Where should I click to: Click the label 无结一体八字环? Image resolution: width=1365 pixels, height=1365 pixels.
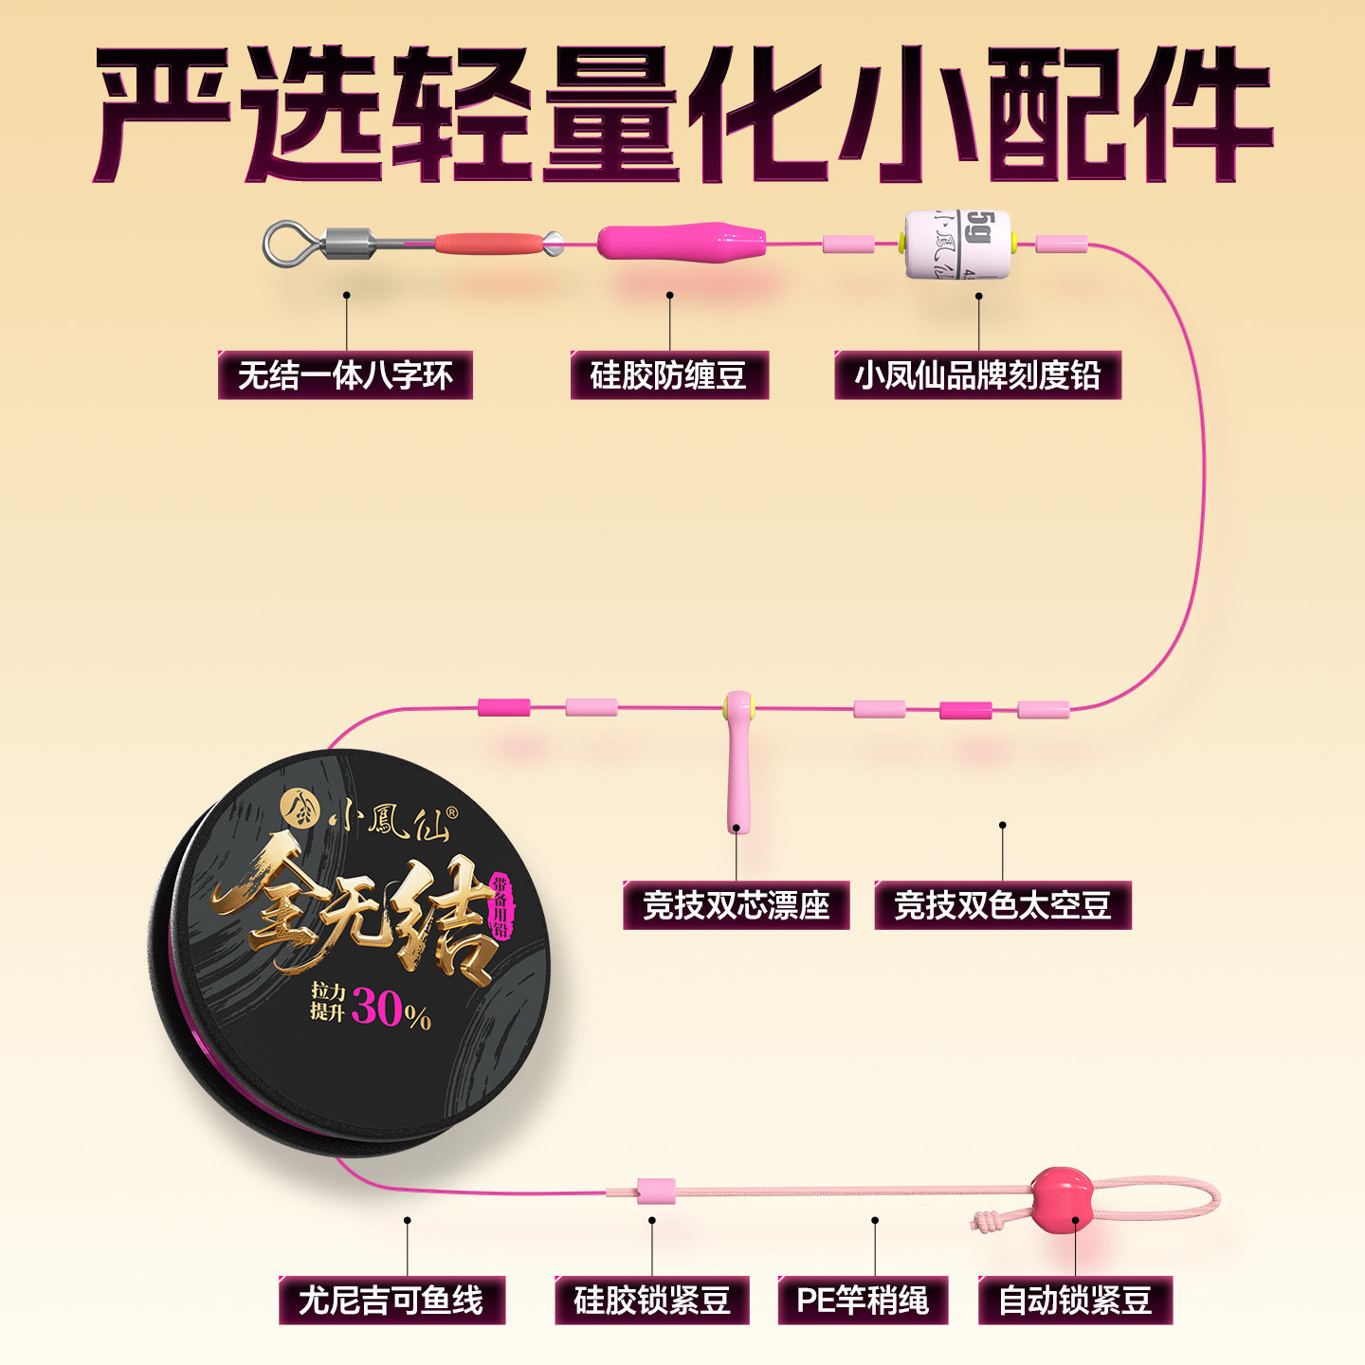pyautogui.click(x=345, y=375)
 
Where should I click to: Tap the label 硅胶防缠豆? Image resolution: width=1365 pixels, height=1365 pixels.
pyautogui.click(x=668, y=375)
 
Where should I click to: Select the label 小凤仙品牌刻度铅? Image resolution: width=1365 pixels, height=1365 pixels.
pyautogui.click(x=977, y=375)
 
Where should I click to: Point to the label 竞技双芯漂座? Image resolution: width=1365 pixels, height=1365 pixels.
pyautogui.click(x=736, y=905)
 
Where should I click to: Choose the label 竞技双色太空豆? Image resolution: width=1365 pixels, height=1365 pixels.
pyautogui.click(x=1002, y=905)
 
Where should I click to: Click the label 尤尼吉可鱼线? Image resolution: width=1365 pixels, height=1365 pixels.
pyautogui.click(x=391, y=1300)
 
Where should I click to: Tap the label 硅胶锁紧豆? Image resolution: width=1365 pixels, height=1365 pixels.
pyautogui.click(x=651, y=1300)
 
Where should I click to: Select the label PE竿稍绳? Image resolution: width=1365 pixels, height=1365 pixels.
pyautogui.click(x=862, y=1300)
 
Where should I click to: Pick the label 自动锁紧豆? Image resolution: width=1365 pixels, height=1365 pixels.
pyautogui.click(x=1075, y=1300)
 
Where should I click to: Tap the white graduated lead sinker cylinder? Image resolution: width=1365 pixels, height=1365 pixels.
pyautogui.click(x=957, y=244)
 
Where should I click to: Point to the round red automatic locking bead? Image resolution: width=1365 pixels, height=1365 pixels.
pyautogui.click(x=1061, y=1196)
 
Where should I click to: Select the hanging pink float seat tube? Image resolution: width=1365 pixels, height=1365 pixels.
pyautogui.click(x=736, y=777)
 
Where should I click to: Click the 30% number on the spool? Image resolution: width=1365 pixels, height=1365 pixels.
pyautogui.click(x=378, y=1008)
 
